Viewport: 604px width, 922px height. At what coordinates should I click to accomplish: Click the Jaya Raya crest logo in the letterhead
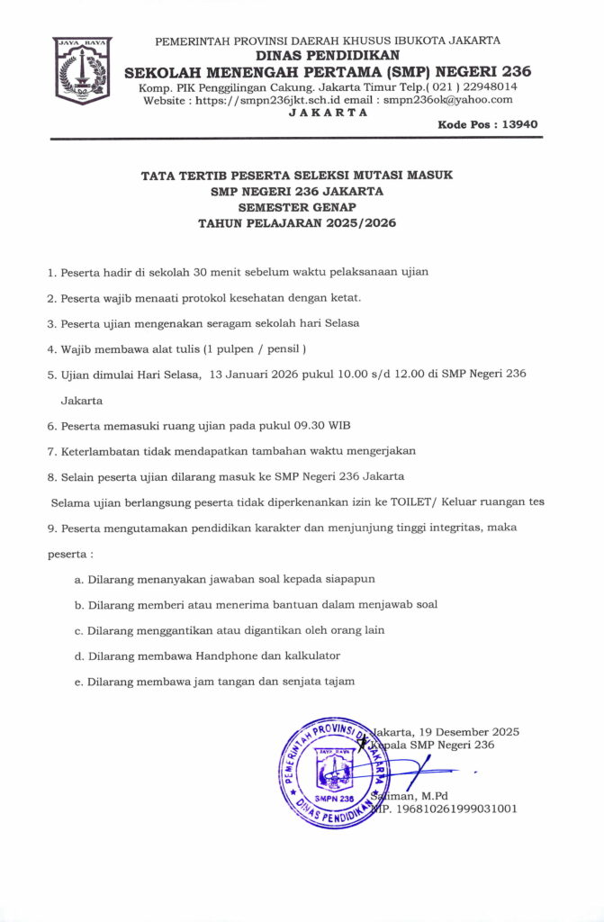82,71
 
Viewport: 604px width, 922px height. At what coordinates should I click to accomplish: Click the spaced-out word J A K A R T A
328,113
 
